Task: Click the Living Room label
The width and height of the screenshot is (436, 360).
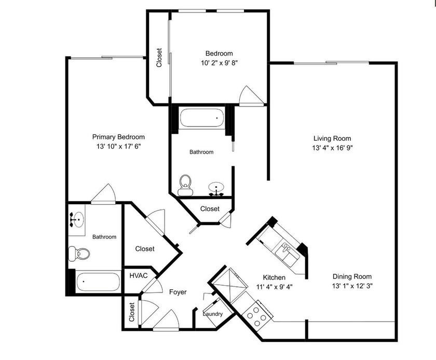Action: coord(332,138)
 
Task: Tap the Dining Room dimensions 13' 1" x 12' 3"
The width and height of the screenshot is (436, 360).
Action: coord(352,286)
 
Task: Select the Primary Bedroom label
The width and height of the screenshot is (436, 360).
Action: coord(118,137)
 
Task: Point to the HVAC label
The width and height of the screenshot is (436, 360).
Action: coord(139,275)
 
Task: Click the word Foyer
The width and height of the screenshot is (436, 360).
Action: coord(178,292)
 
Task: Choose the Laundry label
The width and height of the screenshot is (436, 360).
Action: coord(212,314)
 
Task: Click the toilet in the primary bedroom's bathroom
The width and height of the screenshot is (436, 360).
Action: coord(79,254)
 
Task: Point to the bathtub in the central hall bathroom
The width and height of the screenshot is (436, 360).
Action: coord(201,118)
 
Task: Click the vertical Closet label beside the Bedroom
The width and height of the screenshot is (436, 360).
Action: coord(159,58)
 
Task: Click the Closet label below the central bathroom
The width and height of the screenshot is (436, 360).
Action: coord(210,209)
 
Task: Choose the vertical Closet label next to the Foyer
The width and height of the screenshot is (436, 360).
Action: coord(132,312)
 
